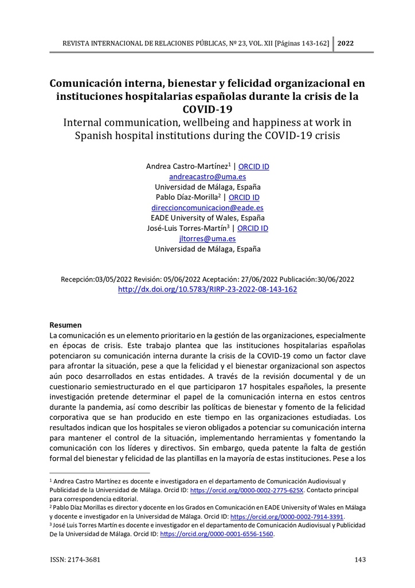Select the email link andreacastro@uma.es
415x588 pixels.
[x=207, y=177]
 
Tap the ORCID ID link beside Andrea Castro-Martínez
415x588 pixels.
[x=253, y=167]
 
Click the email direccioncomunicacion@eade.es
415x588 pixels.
[x=207, y=208]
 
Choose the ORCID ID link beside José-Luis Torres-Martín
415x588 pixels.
[x=253, y=229]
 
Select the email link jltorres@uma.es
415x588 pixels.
[x=207, y=239]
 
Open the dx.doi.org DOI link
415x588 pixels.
[x=207, y=289]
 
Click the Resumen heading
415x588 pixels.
[x=65, y=325]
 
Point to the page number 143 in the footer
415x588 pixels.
[x=360, y=560]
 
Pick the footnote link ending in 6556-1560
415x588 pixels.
[x=217, y=534]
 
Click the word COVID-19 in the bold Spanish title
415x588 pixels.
[x=207, y=109]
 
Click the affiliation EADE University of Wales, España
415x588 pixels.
[x=207, y=218]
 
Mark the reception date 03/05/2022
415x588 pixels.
[x=113, y=280]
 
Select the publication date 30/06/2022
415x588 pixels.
[x=335, y=280]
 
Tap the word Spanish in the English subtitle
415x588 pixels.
[x=100, y=136]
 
